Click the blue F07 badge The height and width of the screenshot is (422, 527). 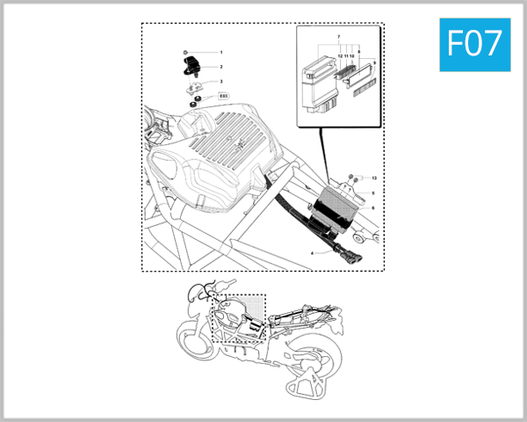[x=474, y=42]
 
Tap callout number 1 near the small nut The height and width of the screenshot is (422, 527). [x=221, y=53]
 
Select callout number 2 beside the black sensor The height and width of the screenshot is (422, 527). [x=221, y=67]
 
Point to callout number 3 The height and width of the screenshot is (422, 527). [x=221, y=82]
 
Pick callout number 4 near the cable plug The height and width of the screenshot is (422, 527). [x=312, y=253]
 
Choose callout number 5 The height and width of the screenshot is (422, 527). [x=372, y=193]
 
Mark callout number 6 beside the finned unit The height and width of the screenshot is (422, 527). [x=372, y=207]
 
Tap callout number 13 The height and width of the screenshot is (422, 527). [x=372, y=178]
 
